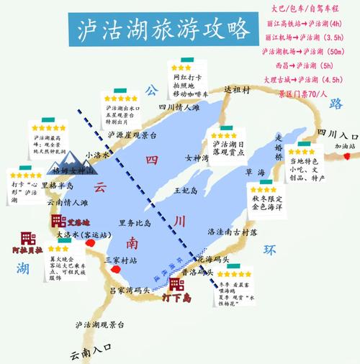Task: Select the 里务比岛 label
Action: (x=135, y=223)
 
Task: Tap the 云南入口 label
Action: (x=92, y=352)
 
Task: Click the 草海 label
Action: (x=256, y=173)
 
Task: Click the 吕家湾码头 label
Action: (x=129, y=289)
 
